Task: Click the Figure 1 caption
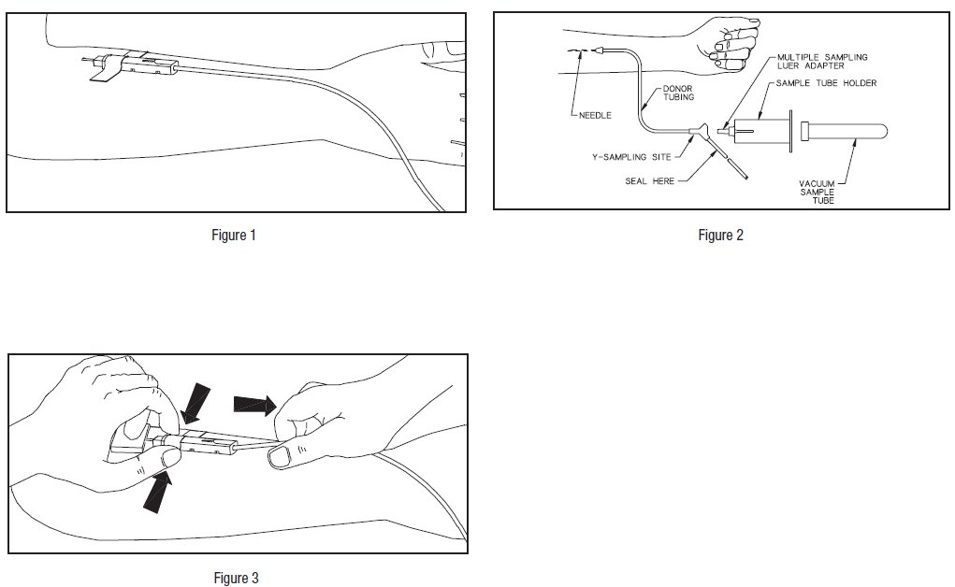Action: [233, 235]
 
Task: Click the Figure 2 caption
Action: [720, 235]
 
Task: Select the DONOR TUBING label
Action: [679, 93]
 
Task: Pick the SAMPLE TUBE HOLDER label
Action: [827, 83]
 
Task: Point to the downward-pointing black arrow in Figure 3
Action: [195, 401]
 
